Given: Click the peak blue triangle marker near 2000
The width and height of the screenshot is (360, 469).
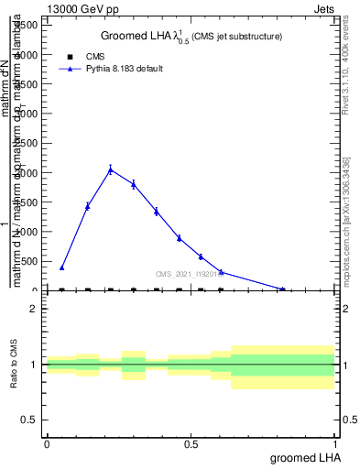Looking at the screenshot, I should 110,169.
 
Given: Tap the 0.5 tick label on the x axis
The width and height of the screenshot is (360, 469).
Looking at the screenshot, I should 191,444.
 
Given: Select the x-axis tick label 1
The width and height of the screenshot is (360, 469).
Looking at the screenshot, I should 336,444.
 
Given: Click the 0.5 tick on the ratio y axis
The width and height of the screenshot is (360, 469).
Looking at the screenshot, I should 29,420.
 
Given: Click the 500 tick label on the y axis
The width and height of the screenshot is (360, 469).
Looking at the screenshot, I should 32,261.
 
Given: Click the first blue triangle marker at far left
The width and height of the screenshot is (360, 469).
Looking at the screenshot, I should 61,267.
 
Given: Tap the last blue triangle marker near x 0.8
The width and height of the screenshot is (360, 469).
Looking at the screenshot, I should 282,289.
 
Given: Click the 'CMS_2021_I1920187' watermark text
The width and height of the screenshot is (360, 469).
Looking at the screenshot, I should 190,274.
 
